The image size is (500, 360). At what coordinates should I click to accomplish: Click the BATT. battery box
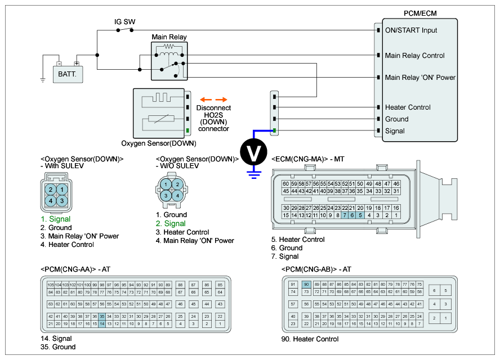67,73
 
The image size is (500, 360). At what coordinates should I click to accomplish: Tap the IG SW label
124,22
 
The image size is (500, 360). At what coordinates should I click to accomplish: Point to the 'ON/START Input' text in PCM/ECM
411,30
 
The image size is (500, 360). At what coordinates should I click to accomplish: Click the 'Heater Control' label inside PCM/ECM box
408,107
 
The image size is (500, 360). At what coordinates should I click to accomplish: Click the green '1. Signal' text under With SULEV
56,219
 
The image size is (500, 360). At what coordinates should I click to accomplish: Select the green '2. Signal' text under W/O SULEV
171,223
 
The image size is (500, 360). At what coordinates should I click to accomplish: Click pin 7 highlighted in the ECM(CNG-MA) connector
345,215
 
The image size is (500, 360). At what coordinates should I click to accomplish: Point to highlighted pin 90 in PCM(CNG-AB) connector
306,285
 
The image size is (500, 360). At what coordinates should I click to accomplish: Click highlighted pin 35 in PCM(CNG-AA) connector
102,317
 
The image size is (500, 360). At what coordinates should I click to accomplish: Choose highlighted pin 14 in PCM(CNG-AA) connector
102,324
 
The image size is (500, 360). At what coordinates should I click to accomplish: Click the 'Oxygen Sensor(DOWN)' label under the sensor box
156,143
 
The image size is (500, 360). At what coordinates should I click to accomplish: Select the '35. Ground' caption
58,347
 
